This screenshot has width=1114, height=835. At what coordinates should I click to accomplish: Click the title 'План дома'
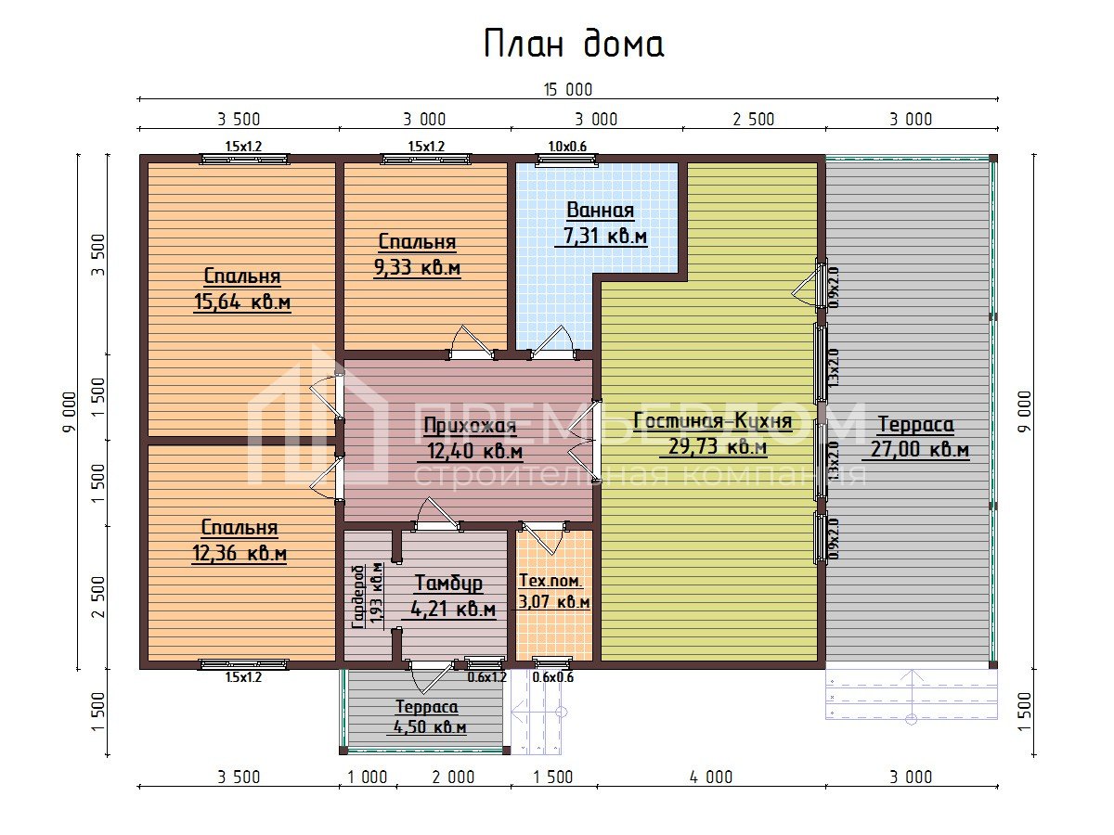pos(574,44)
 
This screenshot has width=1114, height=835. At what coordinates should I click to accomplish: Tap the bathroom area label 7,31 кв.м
pos(605,236)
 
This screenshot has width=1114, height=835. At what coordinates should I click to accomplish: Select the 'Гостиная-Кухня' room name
pos(713,421)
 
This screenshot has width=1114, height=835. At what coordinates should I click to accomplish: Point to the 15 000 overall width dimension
pos(568,90)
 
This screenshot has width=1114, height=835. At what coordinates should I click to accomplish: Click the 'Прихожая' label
pos(470,425)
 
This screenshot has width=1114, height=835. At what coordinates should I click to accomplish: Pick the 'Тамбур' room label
pos(448,583)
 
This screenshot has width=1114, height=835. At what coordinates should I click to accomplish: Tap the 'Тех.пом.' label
pos(551,581)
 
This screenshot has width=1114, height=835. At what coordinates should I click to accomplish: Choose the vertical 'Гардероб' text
pos(358,597)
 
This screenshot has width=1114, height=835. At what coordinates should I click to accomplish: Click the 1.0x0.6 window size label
pos(567,147)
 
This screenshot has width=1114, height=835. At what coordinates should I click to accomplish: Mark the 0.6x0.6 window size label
pos(552,677)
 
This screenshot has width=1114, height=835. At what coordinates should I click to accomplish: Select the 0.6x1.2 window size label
pos(486,677)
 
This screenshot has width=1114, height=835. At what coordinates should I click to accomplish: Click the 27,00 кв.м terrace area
pos(920,449)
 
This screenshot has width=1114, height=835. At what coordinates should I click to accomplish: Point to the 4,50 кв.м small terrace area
pos(430,726)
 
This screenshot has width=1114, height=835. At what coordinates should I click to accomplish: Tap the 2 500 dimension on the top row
pos(753,120)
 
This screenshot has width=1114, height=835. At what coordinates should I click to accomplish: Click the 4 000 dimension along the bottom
pos(710,777)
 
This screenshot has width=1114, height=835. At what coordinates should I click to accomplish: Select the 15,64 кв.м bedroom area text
pos(242,302)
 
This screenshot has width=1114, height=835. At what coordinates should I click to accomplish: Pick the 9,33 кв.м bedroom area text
pos(417,267)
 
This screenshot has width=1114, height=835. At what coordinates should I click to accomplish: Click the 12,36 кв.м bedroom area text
pos(239,553)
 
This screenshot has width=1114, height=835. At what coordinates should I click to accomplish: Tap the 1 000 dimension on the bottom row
pos(367,777)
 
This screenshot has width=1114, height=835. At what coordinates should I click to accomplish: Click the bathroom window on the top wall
pos(567,160)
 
